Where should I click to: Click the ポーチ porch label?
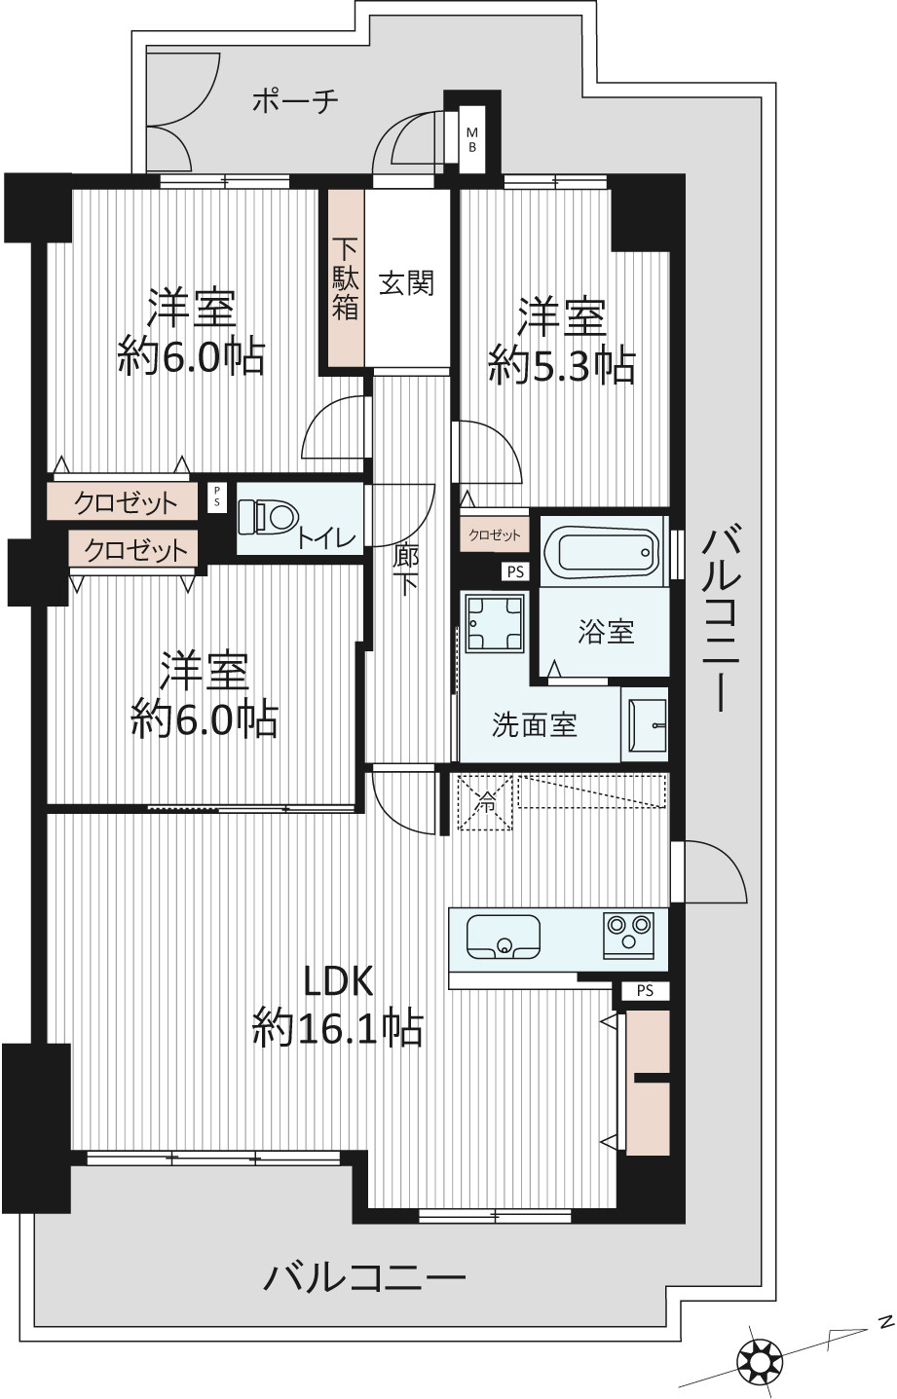click(x=295, y=100)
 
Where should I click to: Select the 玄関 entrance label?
click(x=406, y=283)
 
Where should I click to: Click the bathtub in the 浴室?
click(x=602, y=551)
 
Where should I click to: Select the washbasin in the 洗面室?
click(x=647, y=724)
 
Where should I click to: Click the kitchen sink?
click(x=503, y=937)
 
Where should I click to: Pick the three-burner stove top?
click(x=628, y=935)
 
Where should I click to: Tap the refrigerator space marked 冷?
click(x=485, y=801)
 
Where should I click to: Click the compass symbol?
click(x=760, y=1354)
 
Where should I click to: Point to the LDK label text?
click(x=338, y=981)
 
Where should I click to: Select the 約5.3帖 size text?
click(x=562, y=365)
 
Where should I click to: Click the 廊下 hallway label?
click(x=405, y=571)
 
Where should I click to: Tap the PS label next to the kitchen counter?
click(x=646, y=990)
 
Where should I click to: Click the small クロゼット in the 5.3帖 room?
click(x=494, y=534)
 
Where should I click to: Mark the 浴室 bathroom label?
click(x=605, y=632)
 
